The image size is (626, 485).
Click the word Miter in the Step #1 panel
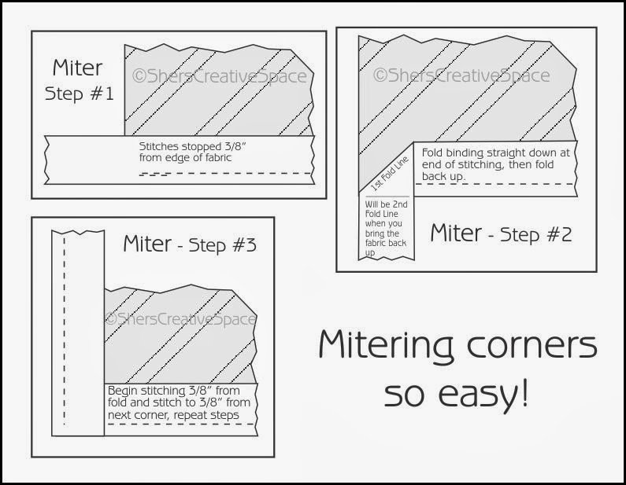(77, 68)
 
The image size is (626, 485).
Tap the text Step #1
(79, 94)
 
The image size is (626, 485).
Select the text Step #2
(535, 235)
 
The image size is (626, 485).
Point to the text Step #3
(222, 245)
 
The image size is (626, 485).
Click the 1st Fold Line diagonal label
(390, 174)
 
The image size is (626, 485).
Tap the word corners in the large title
(532, 345)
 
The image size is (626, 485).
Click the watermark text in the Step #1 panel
(220, 75)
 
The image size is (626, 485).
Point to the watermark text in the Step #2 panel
(461, 75)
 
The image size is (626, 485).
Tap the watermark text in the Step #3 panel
(180, 319)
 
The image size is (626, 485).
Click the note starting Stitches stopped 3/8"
(192, 152)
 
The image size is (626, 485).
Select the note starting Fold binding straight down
(495, 164)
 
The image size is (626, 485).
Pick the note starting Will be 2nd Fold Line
(386, 229)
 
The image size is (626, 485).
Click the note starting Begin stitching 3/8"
(179, 402)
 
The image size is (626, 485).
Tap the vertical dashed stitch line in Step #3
(65, 330)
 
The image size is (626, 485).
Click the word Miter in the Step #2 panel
(456, 233)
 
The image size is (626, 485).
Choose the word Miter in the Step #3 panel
(147, 244)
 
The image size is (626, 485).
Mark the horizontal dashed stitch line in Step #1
(225, 174)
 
